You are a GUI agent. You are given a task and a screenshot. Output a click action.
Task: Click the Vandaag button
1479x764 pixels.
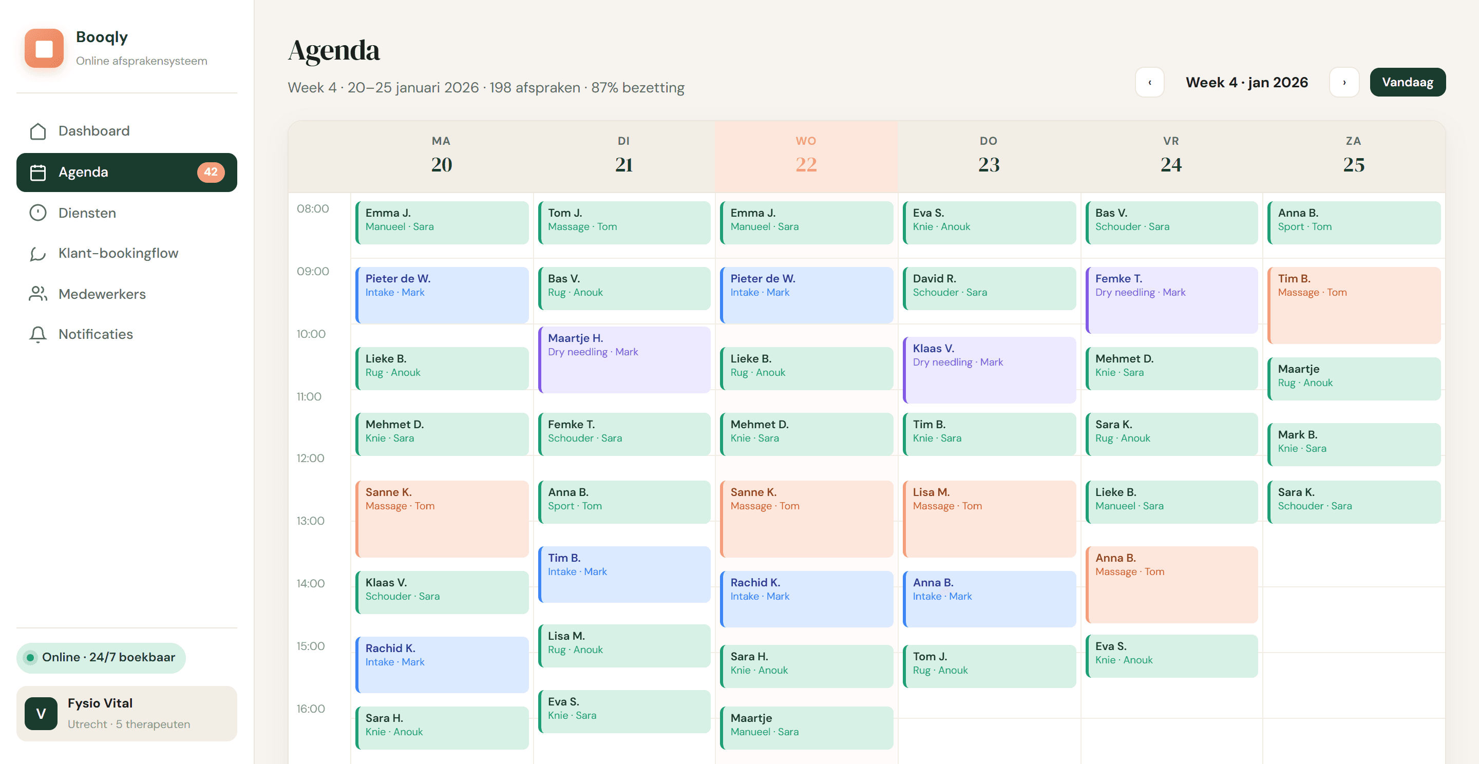point(1407,82)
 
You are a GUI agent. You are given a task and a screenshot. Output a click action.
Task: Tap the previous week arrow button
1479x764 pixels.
point(1149,82)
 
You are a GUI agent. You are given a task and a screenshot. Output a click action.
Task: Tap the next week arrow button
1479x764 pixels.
point(1344,82)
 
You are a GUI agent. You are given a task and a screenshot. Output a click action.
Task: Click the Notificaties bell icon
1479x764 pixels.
point(38,334)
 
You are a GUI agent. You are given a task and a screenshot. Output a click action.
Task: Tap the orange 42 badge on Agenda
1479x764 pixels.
point(211,171)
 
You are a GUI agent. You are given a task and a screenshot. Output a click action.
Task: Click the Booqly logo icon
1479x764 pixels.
point(44,48)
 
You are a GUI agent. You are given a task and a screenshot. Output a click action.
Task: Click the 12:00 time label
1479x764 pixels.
point(310,458)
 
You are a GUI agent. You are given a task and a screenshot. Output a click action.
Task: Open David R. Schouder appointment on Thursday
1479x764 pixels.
point(989,288)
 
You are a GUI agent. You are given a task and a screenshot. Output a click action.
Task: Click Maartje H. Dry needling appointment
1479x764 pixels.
point(624,359)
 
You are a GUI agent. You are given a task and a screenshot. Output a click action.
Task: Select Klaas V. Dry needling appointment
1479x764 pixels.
point(989,370)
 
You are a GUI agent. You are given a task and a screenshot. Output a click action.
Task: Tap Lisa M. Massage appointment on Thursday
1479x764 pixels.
point(989,519)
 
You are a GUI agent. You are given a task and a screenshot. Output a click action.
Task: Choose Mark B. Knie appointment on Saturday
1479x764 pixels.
point(1354,444)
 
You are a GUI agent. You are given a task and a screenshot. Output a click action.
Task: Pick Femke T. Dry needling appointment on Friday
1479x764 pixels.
point(1171,300)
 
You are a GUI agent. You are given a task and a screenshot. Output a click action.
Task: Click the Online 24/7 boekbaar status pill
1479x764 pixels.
point(101,657)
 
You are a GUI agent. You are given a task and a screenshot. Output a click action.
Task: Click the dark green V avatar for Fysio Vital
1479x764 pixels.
point(41,714)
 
